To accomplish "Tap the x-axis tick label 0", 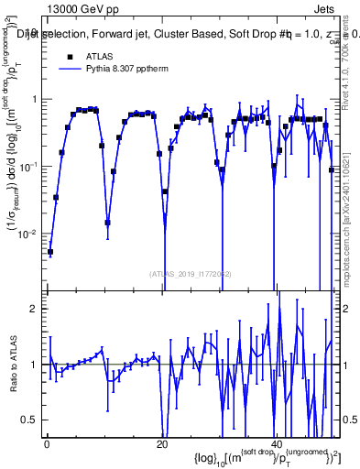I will pos(46,444).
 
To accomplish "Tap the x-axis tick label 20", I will pos(162,444).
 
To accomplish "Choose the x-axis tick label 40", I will pos(278,444).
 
